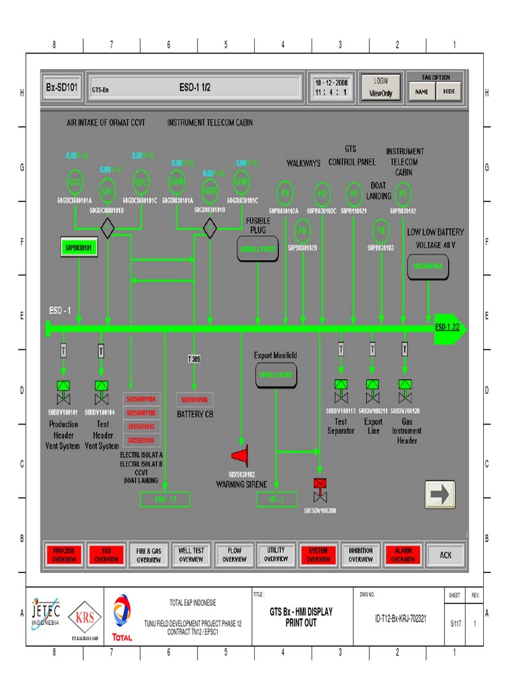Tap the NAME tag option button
pyautogui.click(x=422, y=91)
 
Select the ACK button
pyautogui.click(x=446, y=555)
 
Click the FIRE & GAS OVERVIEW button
pyautogui.click(x=149, y=555)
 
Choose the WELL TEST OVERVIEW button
pyautogui.click(x=191, y=555)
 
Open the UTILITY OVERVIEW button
pyautogui.click(x=276, y=555)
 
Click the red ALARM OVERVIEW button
pyautogui.click(x=403, y=555)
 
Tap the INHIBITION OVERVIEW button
pyautogui.click(x=360, y=555)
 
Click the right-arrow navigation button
pyautogui.click(x=440, y=495)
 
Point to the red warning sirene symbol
pyautogui.click(x=241, y=454)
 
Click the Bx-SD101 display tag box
pyautogui.click(x=63, y=87)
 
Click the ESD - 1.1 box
pyautogui.click(x=165, y=499)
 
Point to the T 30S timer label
pyautogui.click(x=194, y=360)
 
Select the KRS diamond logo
pyautogui.click(x=85, y=616)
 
